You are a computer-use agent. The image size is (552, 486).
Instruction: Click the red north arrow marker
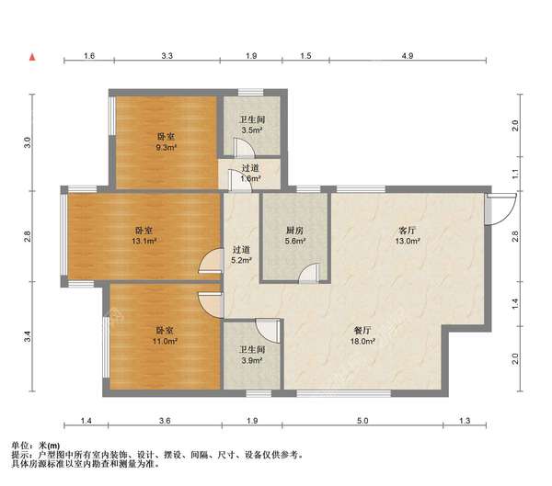[x=32, y=57]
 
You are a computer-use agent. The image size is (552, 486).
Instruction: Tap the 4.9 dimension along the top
[x=408, y=55]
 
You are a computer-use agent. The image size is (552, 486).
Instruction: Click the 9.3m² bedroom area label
[x=167, y=148]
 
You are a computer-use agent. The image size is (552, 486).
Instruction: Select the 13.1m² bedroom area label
[x=144, y=241]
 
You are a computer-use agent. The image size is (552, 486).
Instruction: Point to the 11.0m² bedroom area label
[x=165, y=341]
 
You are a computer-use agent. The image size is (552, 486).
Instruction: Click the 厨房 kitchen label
[x=294, y=231]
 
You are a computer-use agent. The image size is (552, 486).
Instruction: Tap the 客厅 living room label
[x=407, y=231]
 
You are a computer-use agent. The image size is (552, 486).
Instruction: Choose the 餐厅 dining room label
[x=362, y=331]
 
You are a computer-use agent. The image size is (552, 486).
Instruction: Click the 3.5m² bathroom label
[x=252, y=130]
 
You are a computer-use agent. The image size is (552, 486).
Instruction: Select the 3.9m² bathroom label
[x=252, y=360]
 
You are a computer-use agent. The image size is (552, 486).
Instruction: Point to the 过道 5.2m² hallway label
[x=241, y=255]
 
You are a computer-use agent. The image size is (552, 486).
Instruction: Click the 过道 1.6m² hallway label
[x=250, y=173]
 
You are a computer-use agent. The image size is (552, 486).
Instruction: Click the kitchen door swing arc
[x=309, y=273]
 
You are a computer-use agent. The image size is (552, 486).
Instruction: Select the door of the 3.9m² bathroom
[x=269, y=331]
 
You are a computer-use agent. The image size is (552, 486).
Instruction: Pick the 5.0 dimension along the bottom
[x=362, y=421]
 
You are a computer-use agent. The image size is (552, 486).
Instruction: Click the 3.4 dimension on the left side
[x=29, y=336]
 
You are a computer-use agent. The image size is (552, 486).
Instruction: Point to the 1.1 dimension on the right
[x=515, y=174]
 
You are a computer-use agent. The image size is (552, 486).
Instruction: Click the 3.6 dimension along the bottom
[x=165, y=421]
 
